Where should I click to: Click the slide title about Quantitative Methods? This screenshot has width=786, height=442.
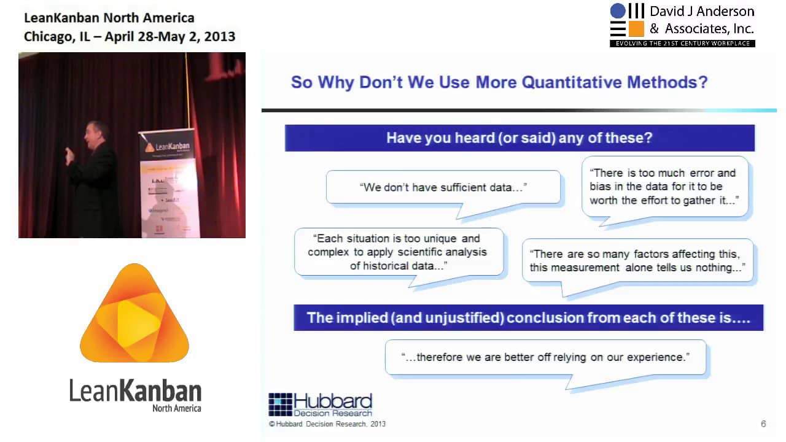pos(499,82)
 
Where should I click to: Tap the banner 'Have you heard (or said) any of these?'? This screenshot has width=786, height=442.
pos(519,138)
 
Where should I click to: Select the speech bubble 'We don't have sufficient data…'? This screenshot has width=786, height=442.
pos(443,188)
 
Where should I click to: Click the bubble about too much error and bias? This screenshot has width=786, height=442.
pos(664,187)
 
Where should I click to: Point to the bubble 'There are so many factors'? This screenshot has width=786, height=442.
pos(637,261)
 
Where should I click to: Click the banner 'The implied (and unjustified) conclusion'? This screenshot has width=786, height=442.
pos(527,318)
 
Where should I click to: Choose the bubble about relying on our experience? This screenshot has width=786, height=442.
pos(545,357)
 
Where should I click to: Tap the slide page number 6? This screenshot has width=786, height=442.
pos(763,424)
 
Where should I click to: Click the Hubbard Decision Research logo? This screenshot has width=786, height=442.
pos(320,405)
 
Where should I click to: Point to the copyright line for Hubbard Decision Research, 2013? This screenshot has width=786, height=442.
pos(327,424)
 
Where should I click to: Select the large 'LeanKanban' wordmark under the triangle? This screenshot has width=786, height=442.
pos(135,390)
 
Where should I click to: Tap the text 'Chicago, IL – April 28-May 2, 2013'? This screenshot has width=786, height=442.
pos(130,36)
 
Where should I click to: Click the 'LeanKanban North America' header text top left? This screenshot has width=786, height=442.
pos(109,18)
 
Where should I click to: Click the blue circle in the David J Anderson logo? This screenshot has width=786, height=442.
pos(617,11)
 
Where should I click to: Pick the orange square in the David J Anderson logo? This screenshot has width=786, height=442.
pos(636,29)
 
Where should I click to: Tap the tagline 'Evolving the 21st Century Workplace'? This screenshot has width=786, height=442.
pos(682,44)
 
